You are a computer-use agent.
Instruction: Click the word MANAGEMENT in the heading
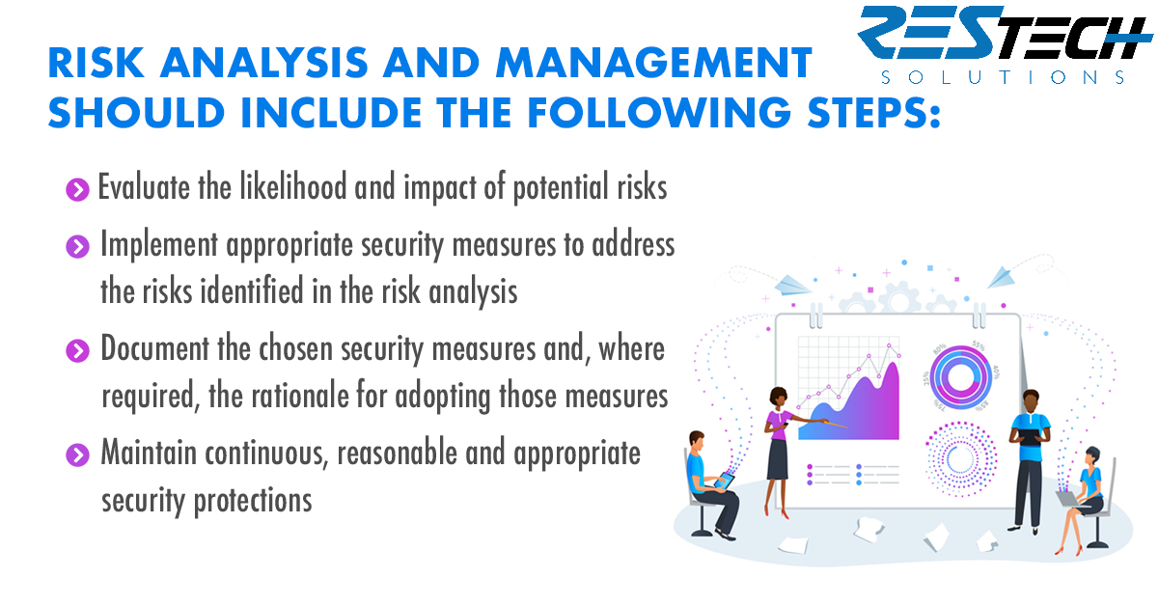tap(654, 63)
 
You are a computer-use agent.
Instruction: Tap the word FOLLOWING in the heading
tap(659, 112)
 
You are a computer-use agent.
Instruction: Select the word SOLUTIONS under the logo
tap(1003, 77)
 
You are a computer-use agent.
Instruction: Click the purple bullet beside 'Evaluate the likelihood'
tap(77, 190)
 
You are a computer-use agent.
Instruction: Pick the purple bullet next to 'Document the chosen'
tap(77, 351)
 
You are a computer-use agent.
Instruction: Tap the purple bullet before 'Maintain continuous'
tap(77, 455)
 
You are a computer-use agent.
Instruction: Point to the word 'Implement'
tap(159, 245)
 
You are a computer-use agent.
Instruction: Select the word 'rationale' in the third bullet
tap(300, 396)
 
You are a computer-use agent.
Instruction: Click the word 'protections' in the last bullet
tap(253, 501)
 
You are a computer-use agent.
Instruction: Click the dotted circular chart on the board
tap(960, 459)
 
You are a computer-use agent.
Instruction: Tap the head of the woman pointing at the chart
tap(778, 398)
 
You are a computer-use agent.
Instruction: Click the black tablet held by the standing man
tap(1030, 437)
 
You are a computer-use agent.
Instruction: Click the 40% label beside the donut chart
tap(996, 372)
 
